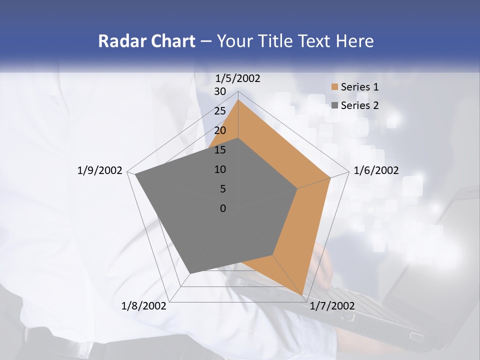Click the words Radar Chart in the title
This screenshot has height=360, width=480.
(x=146, y=41)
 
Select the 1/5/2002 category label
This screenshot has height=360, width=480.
(x=238, y=78)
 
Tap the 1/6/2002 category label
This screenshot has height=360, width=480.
(x=376, y=170)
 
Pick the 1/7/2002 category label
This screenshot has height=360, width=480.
(x=332, y=306)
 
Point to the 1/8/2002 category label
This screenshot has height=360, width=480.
(x=144, y=306)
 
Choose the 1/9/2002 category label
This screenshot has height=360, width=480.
(x=100, y=170)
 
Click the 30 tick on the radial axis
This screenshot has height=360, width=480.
(x=220, y=91)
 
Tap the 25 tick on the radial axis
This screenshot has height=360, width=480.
(x=220, y=111)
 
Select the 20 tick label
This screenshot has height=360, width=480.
(x=220, y=130)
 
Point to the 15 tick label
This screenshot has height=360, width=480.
(x=220, y=150)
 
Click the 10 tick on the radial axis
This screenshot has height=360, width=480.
(x=220, y=169)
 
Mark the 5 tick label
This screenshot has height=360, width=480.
(x=222, y=189)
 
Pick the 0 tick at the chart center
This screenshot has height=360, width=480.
(x=223, y=208)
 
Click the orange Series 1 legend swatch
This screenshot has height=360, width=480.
(x=334, y=87)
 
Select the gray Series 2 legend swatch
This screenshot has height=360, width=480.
(x=334, y=105)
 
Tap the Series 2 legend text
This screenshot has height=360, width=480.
(x=359, y=105)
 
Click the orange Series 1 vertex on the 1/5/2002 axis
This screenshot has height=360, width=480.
(x=238, y=99)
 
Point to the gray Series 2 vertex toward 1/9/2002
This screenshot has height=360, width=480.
(x=134, y=174)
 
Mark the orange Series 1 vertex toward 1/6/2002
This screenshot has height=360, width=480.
(x=330, y=177)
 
